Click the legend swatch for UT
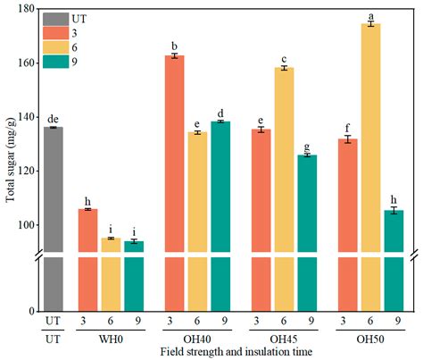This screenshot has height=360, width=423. pyautogui.click(x=54, y=19)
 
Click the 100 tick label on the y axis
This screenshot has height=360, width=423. pyautogui.click(x=24, y=225)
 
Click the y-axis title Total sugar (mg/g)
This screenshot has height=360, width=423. pyautogui.click(x=9, y=161)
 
